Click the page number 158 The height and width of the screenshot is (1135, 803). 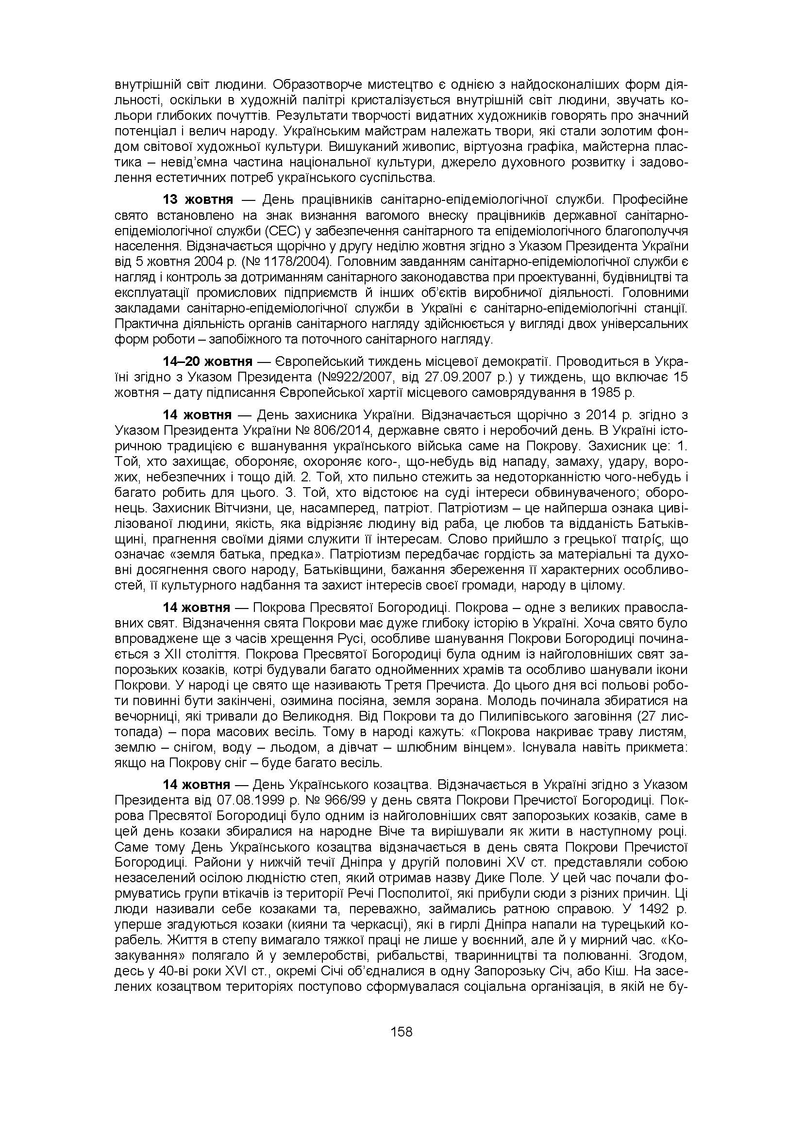[x=401, y=1032]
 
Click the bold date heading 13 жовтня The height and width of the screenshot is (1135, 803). [x=198, y=200]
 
